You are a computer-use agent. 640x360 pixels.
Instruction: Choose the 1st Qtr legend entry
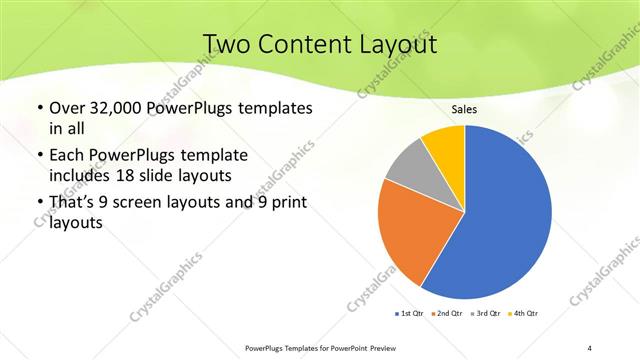(x=411, y=315)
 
